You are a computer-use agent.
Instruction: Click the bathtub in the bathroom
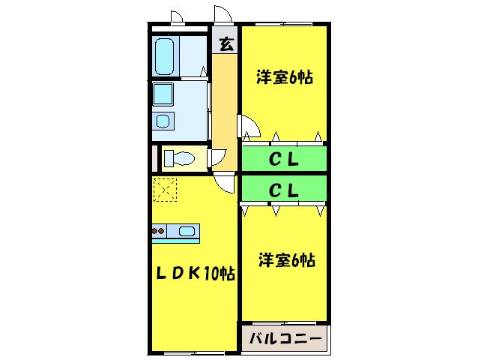click(x=166, y=54)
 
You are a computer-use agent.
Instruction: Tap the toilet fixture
click(x=180, y=158)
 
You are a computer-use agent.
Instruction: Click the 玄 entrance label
click(x=226, y=43)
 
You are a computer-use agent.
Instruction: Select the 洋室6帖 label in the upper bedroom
click(x=284, y=77)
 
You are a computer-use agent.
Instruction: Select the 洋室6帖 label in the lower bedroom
click(x=286, y=260)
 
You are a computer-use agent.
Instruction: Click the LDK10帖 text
click(x=195, y=274)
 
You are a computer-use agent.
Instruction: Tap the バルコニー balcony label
click(x=285, y=340)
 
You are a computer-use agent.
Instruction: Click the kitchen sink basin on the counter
click(x=186, y=232)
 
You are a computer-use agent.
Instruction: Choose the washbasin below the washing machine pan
click(x=164, y=120)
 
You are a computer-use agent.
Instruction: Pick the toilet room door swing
click(x=217, y=157)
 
